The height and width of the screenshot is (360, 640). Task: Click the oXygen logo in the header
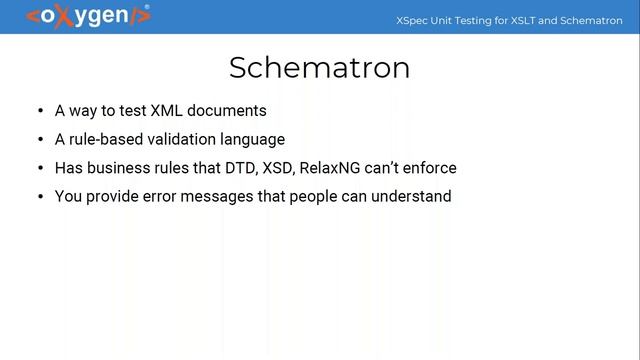coord(87,16)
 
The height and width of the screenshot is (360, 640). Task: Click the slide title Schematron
coord(319,67)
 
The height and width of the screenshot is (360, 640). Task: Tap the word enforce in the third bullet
coord(430,168)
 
